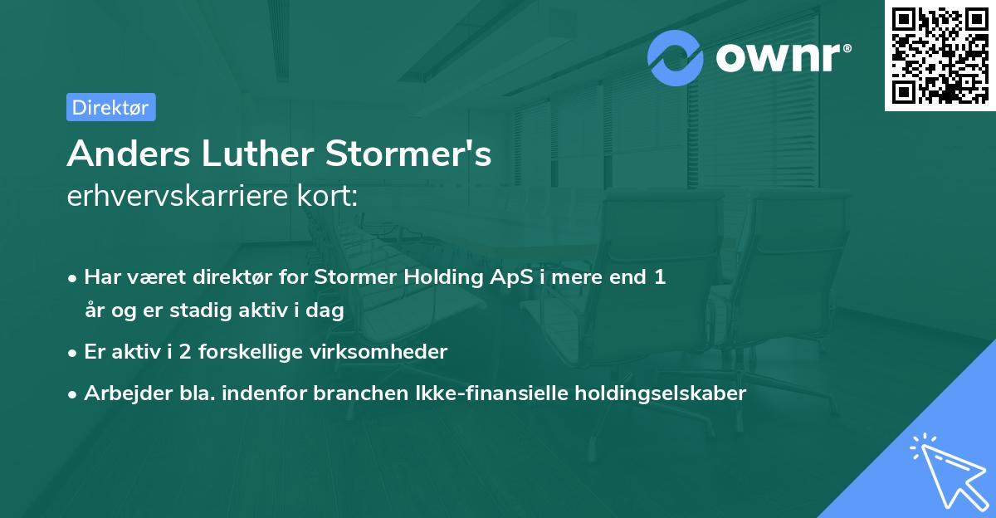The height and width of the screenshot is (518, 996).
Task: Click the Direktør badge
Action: point(110,107)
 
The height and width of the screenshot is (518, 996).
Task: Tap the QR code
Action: point(940,56)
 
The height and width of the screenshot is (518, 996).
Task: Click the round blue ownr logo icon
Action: point(676,57)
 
